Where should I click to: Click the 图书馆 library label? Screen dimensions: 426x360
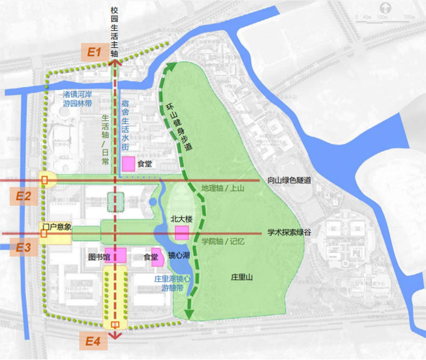pos(99,257)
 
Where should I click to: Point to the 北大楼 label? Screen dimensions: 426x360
pos(181,218)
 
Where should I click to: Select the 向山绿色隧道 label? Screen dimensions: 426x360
pos(289,181)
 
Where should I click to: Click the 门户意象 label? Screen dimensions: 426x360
pos(57,227)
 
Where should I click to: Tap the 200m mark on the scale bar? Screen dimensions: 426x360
pos(409,18)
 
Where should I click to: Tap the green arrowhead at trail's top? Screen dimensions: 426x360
pos(171,67)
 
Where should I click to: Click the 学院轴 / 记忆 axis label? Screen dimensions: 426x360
pos(223,241)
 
